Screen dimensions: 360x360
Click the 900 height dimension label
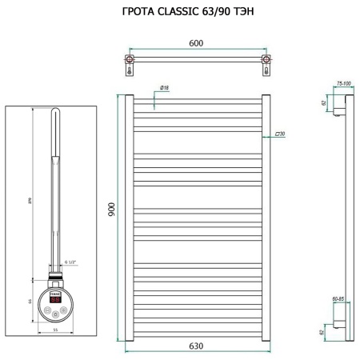point(112,210)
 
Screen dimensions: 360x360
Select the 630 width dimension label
point(195,346)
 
